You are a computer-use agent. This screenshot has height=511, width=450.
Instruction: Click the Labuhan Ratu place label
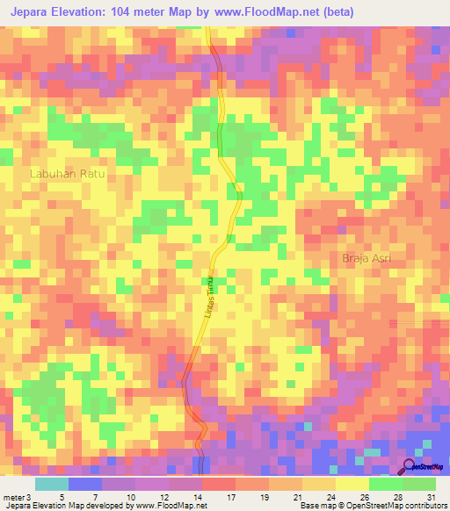[68, 174]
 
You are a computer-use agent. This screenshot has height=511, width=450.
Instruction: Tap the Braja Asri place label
[366, 258]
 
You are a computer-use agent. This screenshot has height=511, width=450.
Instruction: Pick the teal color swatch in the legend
[51, 484]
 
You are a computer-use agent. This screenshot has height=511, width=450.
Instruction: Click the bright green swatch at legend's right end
[418, 484]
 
